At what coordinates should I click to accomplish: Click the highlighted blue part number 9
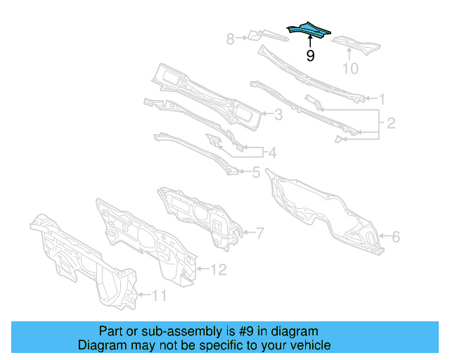(x=309, y=30)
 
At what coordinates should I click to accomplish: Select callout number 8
(x=230, y=39)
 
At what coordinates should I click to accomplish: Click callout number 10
(x=350, y=67)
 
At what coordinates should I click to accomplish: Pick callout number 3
(x=278, y=114)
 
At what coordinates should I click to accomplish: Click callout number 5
(x=256, y=171)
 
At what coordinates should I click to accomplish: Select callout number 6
(x=395, y=238)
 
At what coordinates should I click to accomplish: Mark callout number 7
(x=259, y=231)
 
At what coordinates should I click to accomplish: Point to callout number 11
(x=162, y=295)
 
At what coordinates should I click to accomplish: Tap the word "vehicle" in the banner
(x=308, y=345)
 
